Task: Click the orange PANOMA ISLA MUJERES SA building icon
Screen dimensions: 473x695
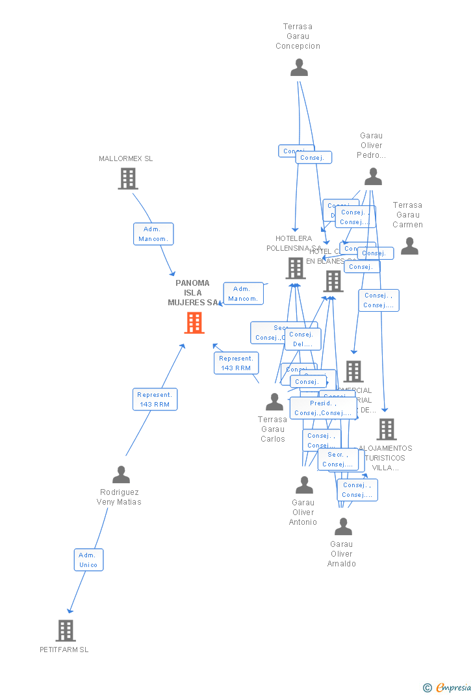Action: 194,323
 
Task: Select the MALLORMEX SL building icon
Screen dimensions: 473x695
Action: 128,179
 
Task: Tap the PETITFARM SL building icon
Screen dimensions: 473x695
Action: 66,630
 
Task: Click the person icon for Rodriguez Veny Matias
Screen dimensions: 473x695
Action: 121,475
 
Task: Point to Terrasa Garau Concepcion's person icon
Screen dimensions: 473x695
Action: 299,68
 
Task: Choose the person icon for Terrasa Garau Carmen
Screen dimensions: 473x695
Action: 409,246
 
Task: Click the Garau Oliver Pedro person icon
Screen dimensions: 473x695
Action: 373,177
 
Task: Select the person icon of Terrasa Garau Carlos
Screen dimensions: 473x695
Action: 274,402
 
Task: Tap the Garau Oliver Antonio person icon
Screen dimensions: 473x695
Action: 304,485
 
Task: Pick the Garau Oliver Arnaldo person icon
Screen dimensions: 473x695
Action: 343,527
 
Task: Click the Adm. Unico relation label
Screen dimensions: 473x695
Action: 88,560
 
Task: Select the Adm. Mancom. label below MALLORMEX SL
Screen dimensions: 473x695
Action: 153,234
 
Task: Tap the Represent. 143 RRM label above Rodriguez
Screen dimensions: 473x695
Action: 155,399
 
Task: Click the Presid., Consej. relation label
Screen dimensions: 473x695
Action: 322,408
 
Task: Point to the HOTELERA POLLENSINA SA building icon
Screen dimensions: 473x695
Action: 296,268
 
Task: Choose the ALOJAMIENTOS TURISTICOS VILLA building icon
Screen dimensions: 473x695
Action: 387,429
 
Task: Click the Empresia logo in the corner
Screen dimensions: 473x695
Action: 454,687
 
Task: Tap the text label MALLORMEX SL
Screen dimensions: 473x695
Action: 126,158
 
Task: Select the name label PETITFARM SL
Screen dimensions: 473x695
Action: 64,650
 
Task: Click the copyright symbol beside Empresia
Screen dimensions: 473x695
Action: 427,687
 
